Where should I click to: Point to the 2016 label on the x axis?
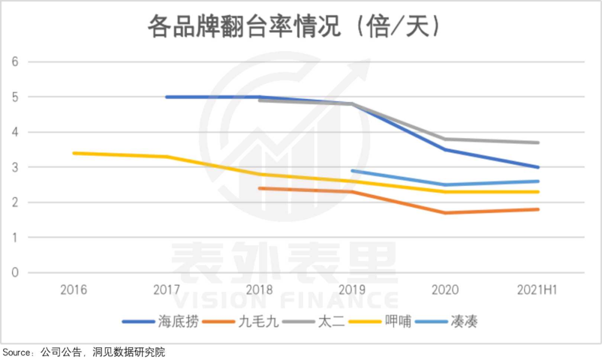coord(74,290)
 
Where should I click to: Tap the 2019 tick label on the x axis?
coord(352,290)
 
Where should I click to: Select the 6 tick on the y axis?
coord(16,62)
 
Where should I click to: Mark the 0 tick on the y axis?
coord(16,273)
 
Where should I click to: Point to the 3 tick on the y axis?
coord(16,167)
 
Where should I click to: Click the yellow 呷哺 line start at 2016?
coord(74,153)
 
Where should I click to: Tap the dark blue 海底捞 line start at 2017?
coord(167,97)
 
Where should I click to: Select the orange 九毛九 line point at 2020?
coord(445,213)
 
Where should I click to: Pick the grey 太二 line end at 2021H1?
coord(538,143)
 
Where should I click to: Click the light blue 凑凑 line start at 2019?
coord(353,171)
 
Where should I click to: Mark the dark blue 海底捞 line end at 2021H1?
coord(538,167)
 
